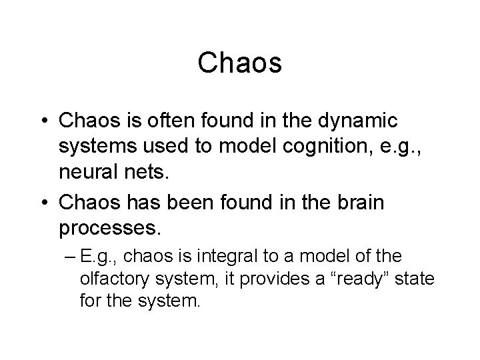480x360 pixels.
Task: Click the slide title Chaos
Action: (240, 64)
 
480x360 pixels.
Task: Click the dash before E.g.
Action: (69, 256)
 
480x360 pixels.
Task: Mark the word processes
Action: (109, 227)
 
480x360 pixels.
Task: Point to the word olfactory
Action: (110, 278)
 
